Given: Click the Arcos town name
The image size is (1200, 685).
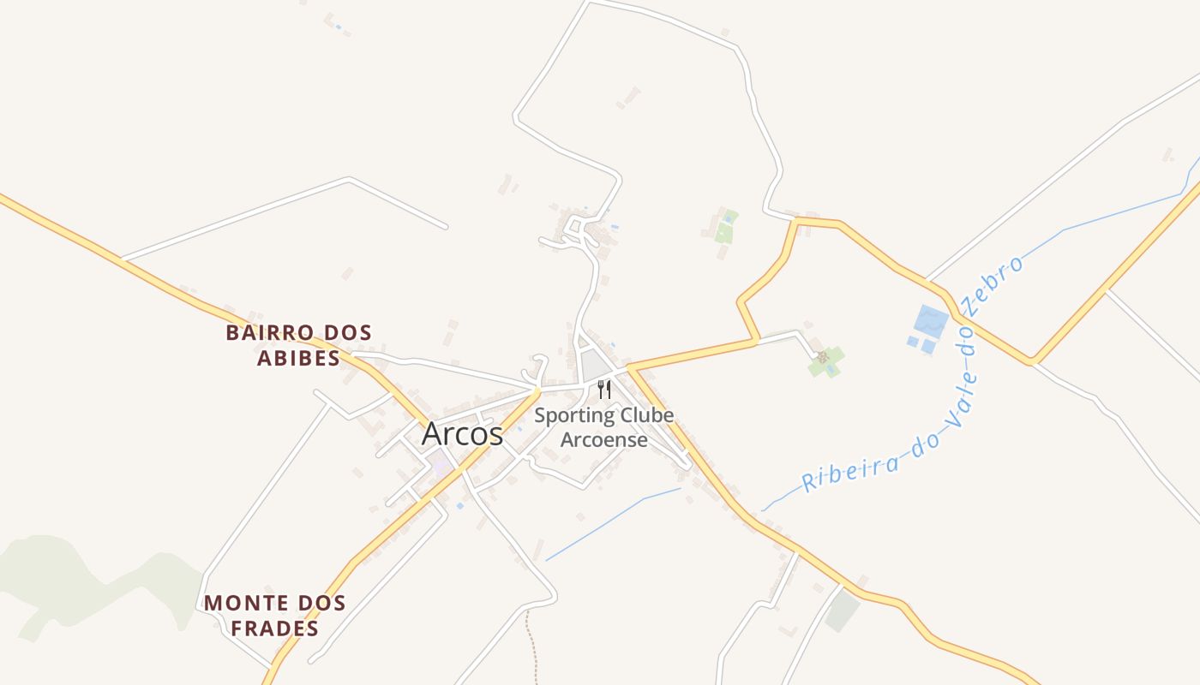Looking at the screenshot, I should point(462,434).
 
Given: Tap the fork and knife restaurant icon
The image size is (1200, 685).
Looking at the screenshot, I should point(604,390).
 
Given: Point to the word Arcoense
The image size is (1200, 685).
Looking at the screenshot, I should point(603,440).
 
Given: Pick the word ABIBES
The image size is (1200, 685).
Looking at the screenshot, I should point(298,358).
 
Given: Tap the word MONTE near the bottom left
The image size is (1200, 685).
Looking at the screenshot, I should point(246,603).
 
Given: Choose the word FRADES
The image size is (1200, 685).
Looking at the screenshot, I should point(275,628).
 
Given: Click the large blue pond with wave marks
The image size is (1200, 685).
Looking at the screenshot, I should point(931,322).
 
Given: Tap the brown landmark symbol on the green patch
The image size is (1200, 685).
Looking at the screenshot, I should point(822,357).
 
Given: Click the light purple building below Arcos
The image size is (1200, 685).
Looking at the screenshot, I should point(441,467).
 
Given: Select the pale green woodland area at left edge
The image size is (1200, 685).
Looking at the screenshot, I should point(51,582).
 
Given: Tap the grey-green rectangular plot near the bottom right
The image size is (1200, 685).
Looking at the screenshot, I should point(843,611).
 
